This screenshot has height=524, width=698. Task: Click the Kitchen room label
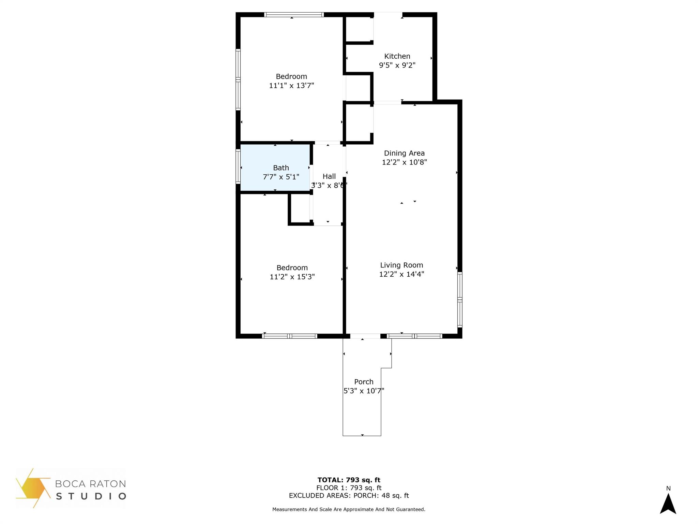pos(397,56)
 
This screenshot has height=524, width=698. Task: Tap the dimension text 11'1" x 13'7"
pos(291,86)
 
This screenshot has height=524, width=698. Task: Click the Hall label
pos(329,176)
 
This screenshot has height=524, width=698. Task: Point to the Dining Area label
pos(404,153)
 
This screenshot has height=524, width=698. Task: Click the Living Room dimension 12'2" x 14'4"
pos(401,274)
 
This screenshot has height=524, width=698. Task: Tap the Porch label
pos(364,382)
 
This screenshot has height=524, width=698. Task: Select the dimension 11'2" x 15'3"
pos(292,277)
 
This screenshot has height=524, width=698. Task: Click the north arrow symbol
pos(668,504)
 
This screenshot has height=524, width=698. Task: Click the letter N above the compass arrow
pos(668,489)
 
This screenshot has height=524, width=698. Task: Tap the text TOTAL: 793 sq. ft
pos(349,480)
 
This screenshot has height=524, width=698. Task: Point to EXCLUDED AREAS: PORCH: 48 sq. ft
pos(349,496)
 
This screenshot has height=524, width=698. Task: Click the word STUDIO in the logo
pos(91,496)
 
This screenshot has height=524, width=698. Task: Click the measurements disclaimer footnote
pos(349,509)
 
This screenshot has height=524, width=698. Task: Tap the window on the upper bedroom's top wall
pos(294,15)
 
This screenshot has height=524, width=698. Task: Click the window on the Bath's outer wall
pos(238,166)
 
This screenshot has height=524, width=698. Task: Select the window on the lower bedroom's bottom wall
pos(289,336)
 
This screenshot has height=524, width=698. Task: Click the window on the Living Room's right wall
pos(460,300)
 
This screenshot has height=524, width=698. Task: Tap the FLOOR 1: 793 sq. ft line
pos(349,488)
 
